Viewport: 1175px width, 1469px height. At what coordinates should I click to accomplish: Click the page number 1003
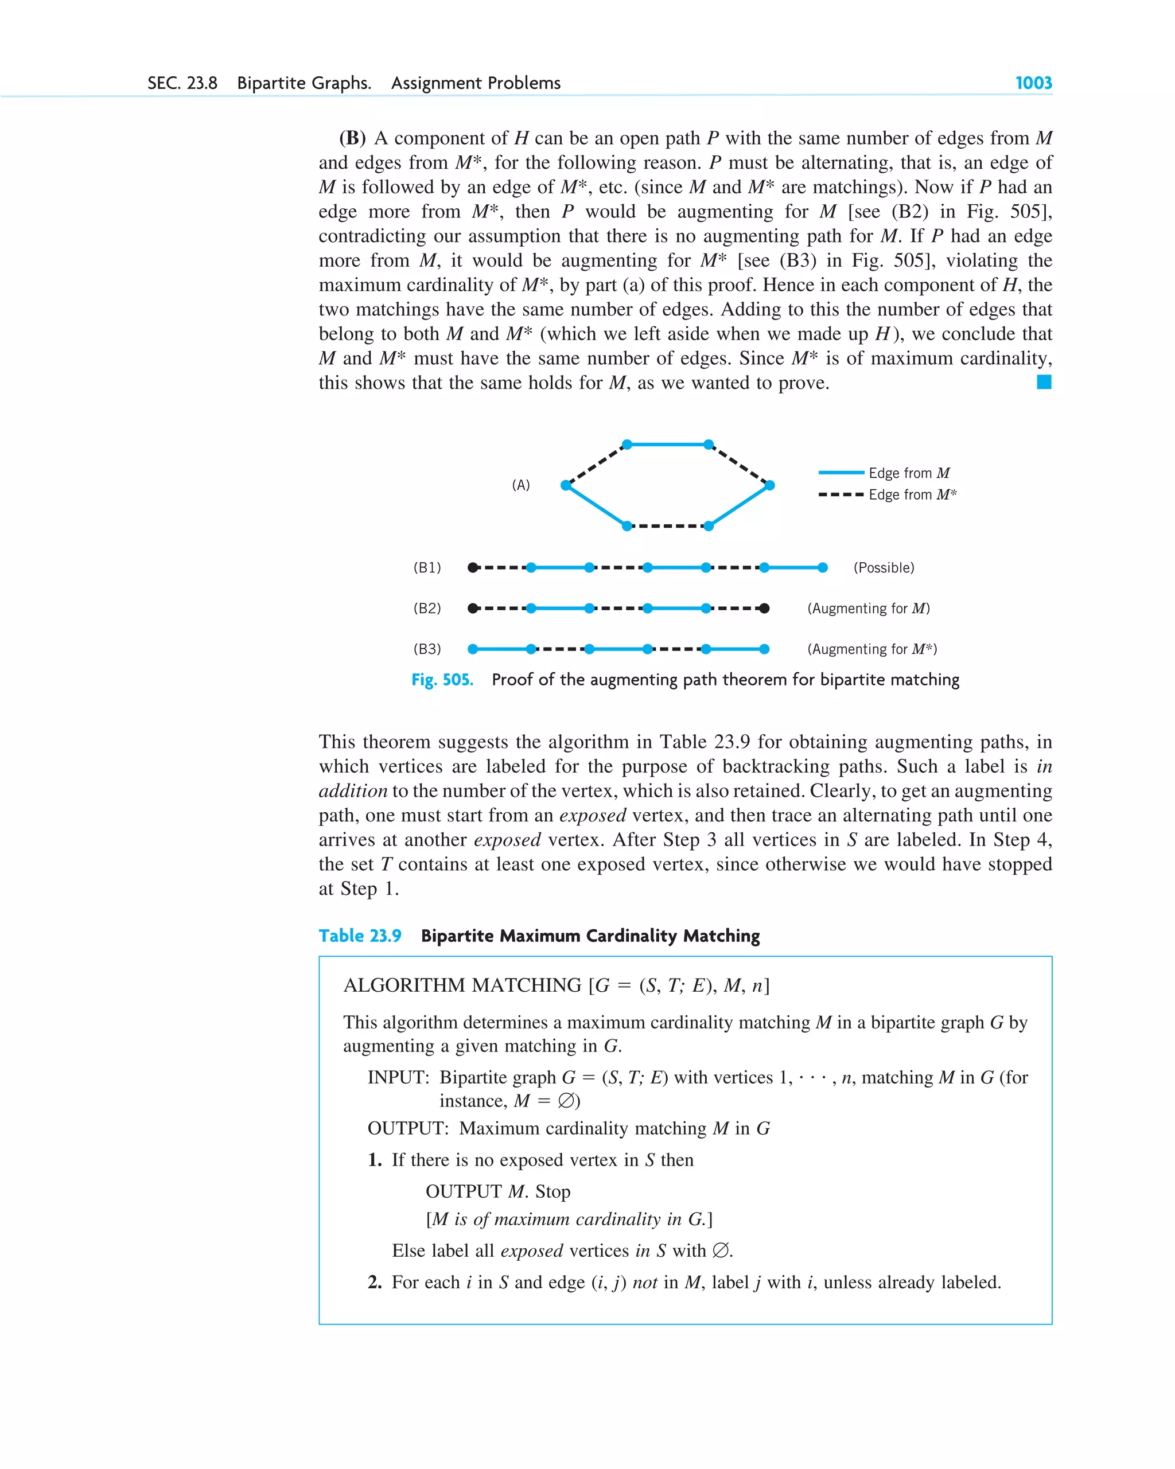click(1033, 83)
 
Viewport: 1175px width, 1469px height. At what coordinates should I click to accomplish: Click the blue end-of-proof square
click(1043, 382)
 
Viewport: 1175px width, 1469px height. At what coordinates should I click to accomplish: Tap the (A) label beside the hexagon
click(521, 485)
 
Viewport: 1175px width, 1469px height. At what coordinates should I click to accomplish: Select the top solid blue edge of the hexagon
click(667, 444)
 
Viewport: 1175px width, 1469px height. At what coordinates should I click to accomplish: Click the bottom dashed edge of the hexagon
click(667, 526)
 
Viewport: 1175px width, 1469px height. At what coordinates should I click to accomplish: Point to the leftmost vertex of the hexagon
click(566, 485)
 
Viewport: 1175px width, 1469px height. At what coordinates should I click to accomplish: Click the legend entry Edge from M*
click(911, 494)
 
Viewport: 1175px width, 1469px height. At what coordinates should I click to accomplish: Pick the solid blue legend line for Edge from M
click(841, 472)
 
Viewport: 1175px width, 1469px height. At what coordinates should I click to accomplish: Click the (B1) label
click(427, 567)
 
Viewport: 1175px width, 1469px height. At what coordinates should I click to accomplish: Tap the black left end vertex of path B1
click(472, 567)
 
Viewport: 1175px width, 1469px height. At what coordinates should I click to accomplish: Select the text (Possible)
click(884, 567)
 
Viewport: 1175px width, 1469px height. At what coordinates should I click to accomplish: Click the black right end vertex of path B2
click(764, 609)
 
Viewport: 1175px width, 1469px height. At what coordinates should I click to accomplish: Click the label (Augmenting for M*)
click(871, 649)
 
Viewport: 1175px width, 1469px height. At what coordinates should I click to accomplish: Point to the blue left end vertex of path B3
click(472, 649)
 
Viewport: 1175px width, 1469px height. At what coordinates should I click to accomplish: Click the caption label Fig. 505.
click(442, 680)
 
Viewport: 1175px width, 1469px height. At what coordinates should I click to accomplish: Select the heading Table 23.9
click(360, 936)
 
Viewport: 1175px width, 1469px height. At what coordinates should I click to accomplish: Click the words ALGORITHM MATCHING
click(462, 985)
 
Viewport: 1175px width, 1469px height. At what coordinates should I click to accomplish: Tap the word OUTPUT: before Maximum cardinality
click(407, 1128)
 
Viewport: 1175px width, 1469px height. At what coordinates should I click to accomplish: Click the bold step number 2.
click(374, 1283)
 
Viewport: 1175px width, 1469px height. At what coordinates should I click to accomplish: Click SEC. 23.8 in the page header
click(182, 83)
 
